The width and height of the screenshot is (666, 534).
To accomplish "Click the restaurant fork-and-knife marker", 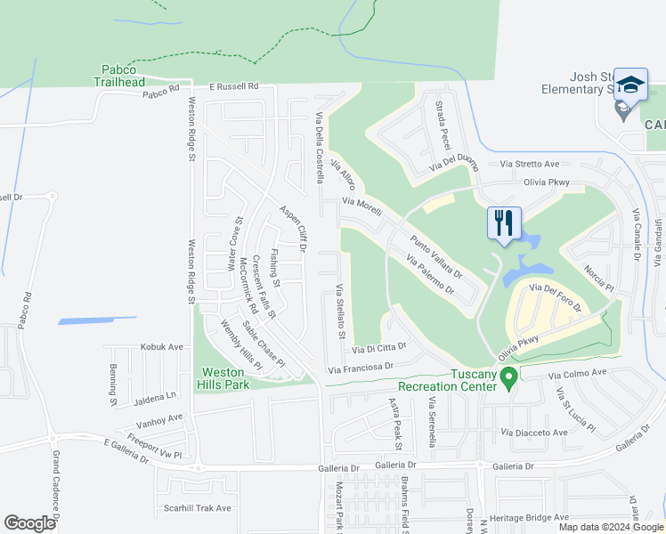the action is pos(504,222).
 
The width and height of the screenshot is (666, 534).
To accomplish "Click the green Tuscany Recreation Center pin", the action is pos(509,380).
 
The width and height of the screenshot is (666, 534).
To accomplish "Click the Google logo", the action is pos(30,523).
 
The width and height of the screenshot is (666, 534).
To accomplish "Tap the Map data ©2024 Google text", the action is pos(611,527).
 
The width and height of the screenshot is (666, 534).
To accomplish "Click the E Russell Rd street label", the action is pos(233,87).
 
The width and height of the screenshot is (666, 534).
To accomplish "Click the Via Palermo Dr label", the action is pos(430,276).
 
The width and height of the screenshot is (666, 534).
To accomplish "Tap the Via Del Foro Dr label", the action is pos(555,298).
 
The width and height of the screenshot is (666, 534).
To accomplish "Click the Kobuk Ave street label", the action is pos(161,347).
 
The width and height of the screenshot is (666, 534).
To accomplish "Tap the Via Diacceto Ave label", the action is pos(534,433).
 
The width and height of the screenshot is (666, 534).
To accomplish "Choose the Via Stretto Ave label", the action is pos(529,164).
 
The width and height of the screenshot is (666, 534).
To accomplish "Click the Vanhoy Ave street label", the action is pos(160,417).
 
